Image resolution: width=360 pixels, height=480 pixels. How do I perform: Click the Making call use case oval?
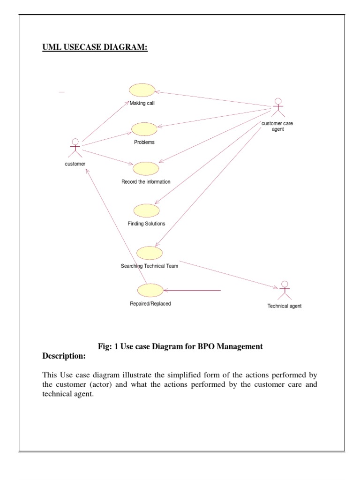click(142, 90)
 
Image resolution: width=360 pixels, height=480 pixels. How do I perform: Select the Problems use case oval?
click(144, 129)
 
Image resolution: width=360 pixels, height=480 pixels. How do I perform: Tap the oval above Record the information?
click(146, 168)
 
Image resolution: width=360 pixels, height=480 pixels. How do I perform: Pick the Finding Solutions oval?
click(146, 210)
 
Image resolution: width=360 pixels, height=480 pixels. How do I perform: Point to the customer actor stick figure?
click(75, 148)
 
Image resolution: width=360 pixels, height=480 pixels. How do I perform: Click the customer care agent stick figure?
click(278, 108)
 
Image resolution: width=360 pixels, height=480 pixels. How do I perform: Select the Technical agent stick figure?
click(284, 290)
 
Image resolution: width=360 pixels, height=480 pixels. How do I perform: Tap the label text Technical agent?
click(284, 306)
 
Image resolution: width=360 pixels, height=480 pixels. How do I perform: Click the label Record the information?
click(146, 182)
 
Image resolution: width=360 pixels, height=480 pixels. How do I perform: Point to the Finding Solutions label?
click(146, 224)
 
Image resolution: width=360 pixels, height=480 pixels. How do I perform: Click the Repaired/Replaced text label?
click(150, 304)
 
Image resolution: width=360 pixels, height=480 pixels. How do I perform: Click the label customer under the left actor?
click(75, 164)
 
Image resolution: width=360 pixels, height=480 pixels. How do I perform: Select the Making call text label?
click(142, 104)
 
